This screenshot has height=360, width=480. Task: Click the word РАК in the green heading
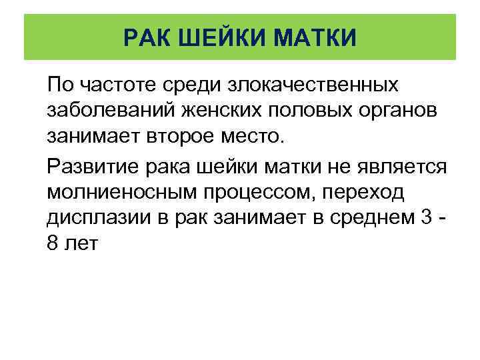(x=147, y=37)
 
